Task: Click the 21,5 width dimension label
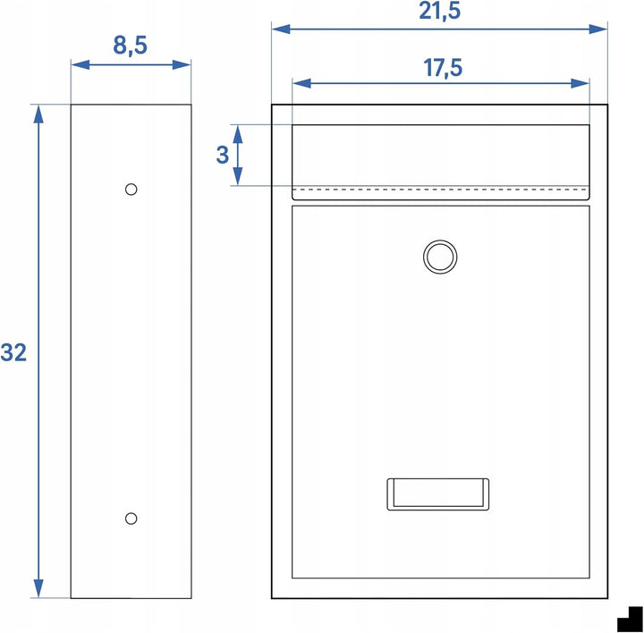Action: (439, 11)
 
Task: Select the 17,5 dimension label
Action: (443, 68)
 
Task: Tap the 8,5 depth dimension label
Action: (130, 46)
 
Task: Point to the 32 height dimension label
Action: (13, 352)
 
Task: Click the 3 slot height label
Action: (222, 155)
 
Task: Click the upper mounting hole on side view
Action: (131, 190)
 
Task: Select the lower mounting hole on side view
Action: (131, 519)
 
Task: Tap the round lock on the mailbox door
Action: (440, 257)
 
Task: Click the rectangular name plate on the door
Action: (437, 494)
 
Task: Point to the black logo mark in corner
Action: (630, 619)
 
